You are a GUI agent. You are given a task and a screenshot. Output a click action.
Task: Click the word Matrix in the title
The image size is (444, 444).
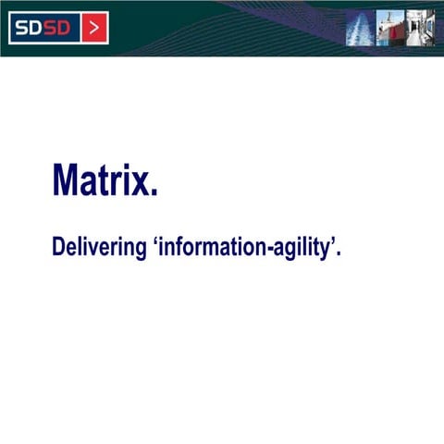102,180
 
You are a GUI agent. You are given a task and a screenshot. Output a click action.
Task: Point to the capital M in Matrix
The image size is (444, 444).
68,180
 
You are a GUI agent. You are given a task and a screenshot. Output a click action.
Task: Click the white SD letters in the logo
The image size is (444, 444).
31,28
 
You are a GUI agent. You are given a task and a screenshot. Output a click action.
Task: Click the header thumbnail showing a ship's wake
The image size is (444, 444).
359,29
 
